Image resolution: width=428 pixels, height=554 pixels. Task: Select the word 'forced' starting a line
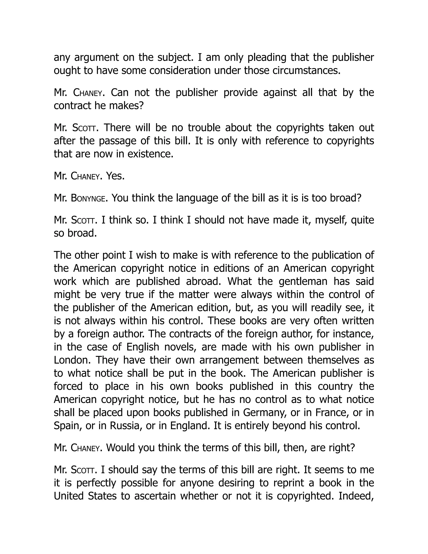[68, 386]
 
